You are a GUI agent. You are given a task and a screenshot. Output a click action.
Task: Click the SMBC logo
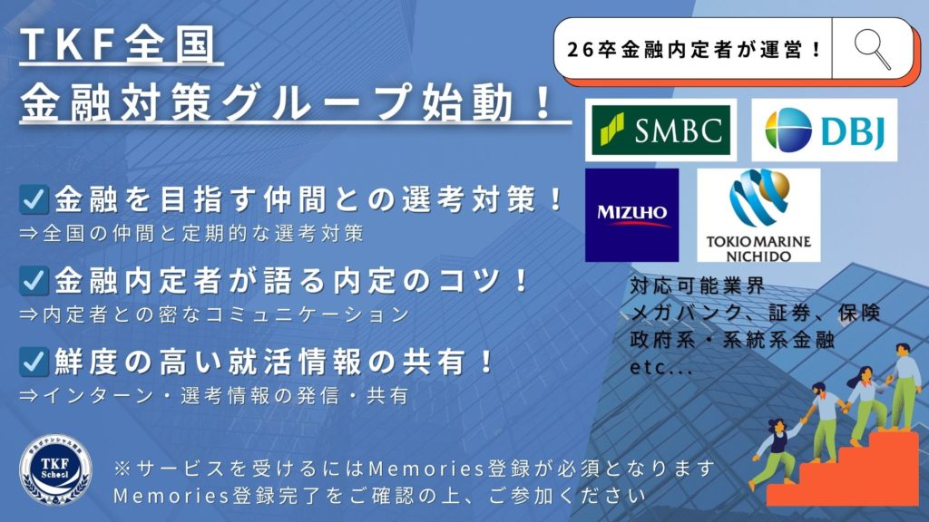tap(660, 130)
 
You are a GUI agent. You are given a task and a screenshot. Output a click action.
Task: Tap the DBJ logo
tap(824, 130)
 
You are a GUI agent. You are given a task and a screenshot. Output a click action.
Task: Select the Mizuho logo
tap(631, 215)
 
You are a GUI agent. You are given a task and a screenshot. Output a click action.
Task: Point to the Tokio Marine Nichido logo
tap(758, 215)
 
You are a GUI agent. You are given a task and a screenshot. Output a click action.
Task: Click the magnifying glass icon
tap(872, 49)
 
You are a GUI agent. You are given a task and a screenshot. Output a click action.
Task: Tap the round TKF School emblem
tap(55, 470)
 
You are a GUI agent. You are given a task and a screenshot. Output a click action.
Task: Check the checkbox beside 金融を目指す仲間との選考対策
tap(34, 198)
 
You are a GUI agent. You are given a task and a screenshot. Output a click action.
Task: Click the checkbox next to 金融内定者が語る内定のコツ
tap(34, 280)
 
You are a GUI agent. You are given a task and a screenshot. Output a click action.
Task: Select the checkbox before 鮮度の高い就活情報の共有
tap(34, 361)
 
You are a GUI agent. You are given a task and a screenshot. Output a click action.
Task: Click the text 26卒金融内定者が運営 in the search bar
tap(686, 50)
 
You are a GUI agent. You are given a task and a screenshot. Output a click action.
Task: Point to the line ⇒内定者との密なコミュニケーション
tap(214, 314)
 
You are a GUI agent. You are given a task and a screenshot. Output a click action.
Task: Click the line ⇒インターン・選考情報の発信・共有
tap(214, 395)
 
